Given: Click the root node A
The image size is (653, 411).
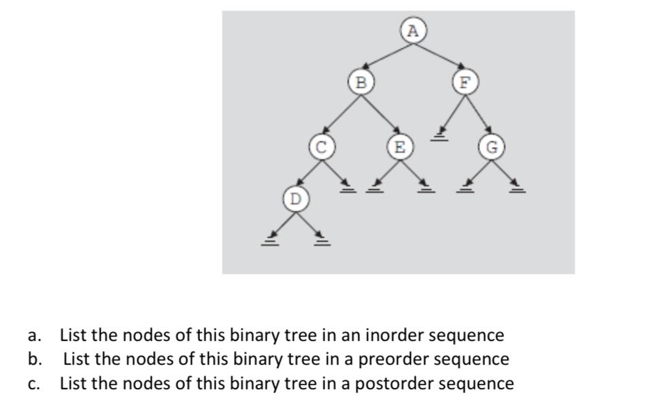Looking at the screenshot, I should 413,31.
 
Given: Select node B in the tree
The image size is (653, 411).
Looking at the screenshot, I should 361,82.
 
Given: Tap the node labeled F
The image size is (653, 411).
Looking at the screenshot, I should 465,82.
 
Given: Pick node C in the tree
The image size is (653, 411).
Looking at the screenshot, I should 320,146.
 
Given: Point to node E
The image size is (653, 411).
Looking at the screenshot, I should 399,146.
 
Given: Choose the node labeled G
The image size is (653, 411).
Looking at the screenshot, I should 492,146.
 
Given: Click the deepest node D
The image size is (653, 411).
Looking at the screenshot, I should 295,199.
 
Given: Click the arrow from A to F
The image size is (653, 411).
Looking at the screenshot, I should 439,56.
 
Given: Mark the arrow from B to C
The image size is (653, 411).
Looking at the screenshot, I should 341,114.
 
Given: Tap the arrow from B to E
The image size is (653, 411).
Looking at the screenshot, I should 380,114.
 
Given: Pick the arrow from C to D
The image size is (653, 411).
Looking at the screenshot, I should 307,173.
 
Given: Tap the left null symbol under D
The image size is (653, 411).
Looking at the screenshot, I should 270,240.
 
